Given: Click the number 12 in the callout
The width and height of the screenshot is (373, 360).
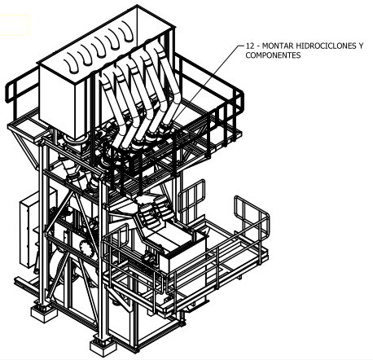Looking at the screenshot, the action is [249, 46].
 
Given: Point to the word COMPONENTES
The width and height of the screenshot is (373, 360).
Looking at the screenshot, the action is [273, 55].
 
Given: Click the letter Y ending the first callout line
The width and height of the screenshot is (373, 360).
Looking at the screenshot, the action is [361, 46].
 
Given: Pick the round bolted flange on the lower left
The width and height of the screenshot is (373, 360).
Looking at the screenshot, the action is [85, 247].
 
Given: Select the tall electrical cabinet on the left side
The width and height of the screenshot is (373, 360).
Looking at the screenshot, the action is [28, 230].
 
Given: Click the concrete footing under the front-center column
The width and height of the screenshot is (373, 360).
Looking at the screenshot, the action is [103, 347].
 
